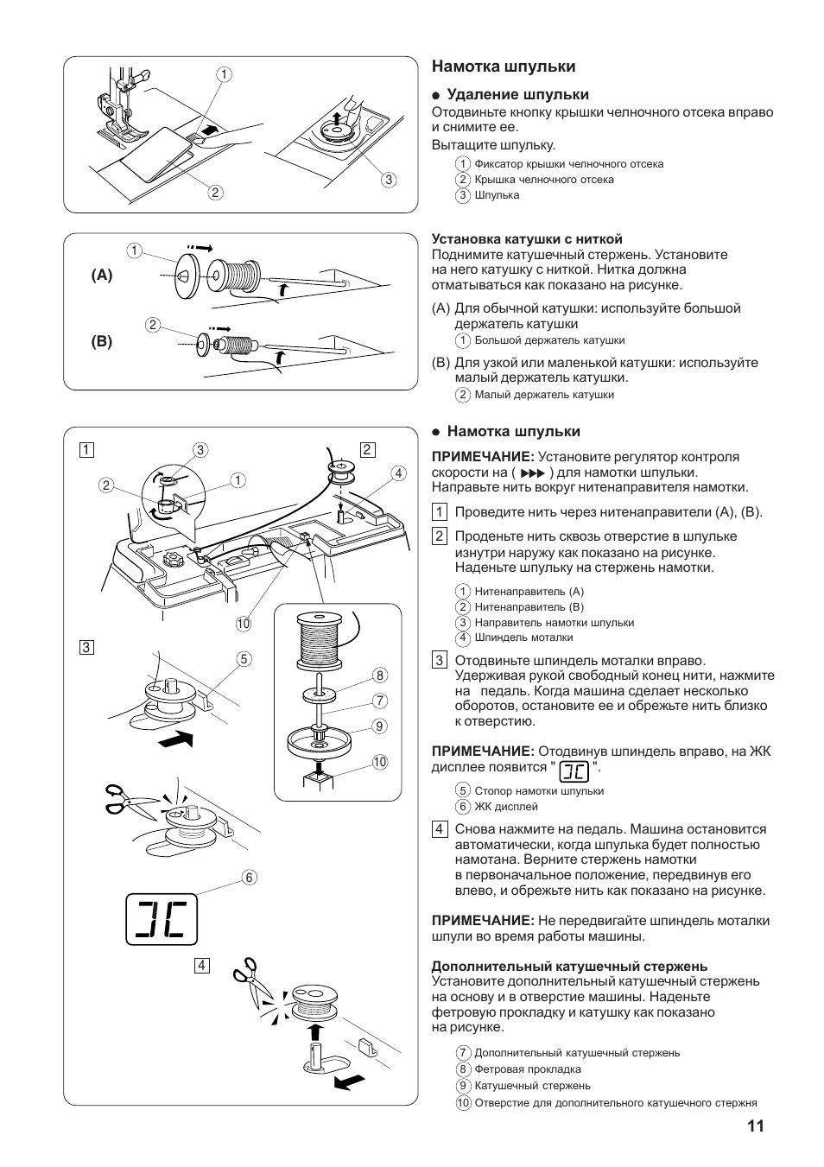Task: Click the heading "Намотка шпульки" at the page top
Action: click(504, 67)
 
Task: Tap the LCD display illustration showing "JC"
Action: click(162, 919)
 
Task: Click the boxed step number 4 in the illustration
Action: click(201, 966)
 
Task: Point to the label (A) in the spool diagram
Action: click(102, 275)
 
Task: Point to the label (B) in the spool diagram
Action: click(102, 342)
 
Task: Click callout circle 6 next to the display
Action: click(249, 878)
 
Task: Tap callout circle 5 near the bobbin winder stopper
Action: click(244, 659)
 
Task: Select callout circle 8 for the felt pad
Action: click(380, 675)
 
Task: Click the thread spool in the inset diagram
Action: click(319, 640)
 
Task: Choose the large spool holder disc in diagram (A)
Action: click(183, 276)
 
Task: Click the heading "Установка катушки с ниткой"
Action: click(527, 239)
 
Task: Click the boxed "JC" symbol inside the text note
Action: click(574, 771)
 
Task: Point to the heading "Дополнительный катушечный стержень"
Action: click(569, 966)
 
